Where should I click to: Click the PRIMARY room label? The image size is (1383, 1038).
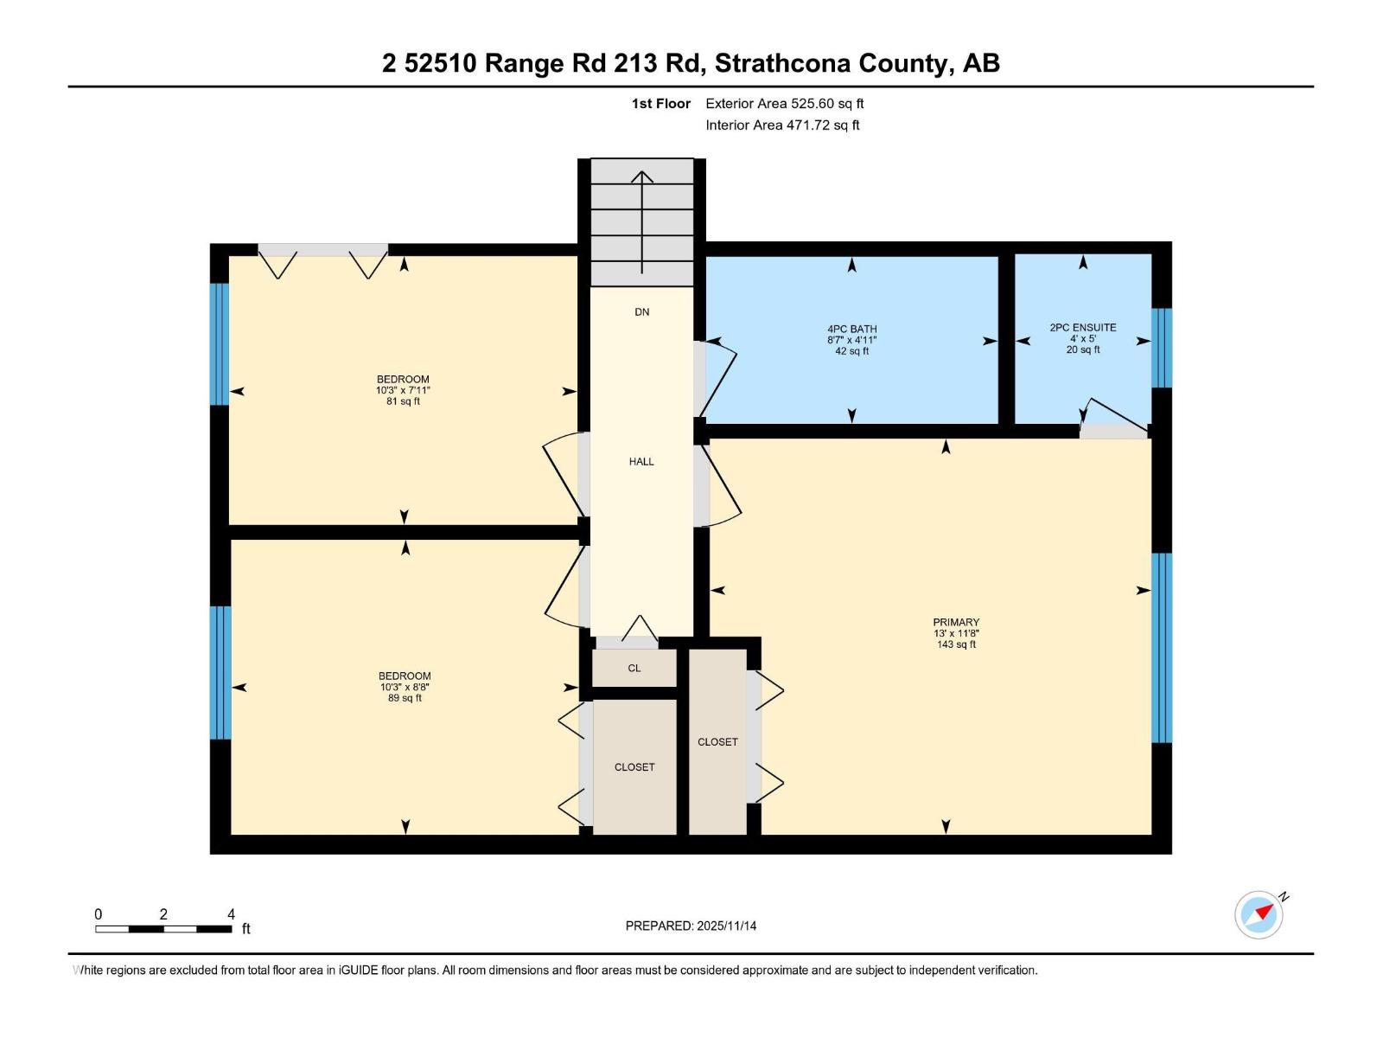pos(956,622)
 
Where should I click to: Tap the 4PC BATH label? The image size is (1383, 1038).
pos(851,329)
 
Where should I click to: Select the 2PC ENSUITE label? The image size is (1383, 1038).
pos(1082,327)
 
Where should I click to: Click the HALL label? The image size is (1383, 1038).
pos(641,462)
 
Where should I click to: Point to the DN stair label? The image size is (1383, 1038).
pos(641,312)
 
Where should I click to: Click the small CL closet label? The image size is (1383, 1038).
pos(634,668)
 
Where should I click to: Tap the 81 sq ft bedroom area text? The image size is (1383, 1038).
pos(403,401)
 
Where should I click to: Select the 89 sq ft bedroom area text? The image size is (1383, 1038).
pos(405,698)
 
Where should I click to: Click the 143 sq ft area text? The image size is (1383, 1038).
pos(956,644)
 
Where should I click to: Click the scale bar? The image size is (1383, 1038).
pos(163,929)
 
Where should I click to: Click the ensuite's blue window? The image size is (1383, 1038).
pos(1162,348)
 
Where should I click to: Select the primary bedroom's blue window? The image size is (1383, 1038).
pos(1162,648)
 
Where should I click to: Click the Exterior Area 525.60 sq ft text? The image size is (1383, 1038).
pos(784,104)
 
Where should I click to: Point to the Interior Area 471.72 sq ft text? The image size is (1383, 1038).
pos(782,125)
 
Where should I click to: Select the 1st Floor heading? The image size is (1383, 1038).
pos(660,104)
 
